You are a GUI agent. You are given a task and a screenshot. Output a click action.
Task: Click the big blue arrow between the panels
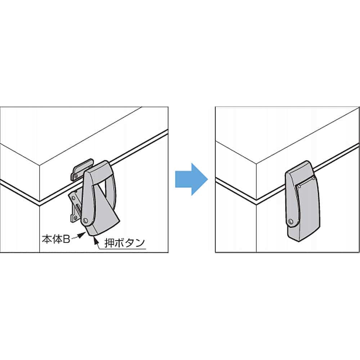[x=191, y=179]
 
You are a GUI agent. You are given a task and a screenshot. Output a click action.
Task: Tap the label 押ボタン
[x=125, y=243]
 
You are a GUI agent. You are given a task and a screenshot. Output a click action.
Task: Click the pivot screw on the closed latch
[x=291, y=222]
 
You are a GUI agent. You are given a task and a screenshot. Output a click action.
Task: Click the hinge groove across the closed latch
[x=305, y=181]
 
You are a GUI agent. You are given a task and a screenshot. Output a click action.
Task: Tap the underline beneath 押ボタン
[x=122, y=249]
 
